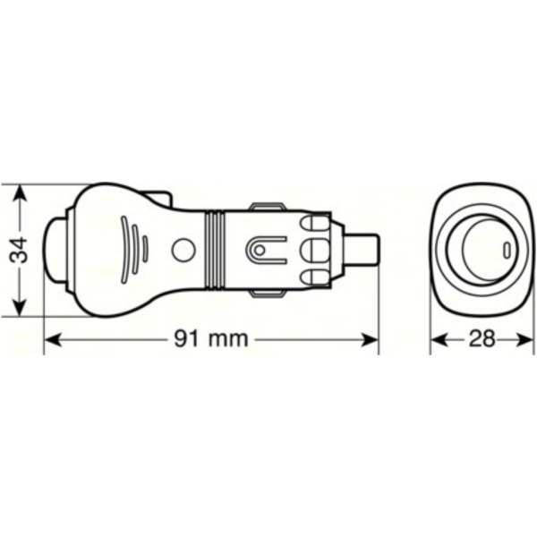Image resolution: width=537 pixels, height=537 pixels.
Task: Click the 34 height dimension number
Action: (x=20, y=250)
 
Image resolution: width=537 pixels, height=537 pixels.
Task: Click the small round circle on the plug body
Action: (x=183, y=250)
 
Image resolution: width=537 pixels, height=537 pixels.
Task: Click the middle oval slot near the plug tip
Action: (x=314, y=248)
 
